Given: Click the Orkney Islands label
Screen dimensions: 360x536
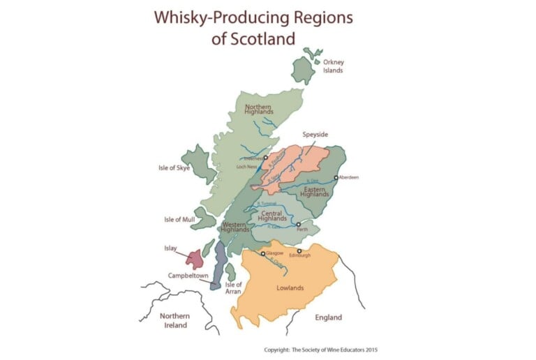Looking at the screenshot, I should (333, 66).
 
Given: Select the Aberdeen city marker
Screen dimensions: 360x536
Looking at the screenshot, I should (336, 178).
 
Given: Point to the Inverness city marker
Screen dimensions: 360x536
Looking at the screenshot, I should (266, 158).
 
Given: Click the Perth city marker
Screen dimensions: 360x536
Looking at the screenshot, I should (299, 225).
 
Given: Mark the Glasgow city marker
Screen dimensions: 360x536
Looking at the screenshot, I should (263, 254).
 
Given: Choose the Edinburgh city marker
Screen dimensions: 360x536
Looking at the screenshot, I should (299, 251).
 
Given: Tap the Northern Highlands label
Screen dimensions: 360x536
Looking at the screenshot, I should (259, 110).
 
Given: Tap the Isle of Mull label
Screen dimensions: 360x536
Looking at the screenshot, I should (179, 219).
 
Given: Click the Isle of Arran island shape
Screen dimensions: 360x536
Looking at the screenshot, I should (230, 271).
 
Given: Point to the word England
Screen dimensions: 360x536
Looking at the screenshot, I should (328, 317).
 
